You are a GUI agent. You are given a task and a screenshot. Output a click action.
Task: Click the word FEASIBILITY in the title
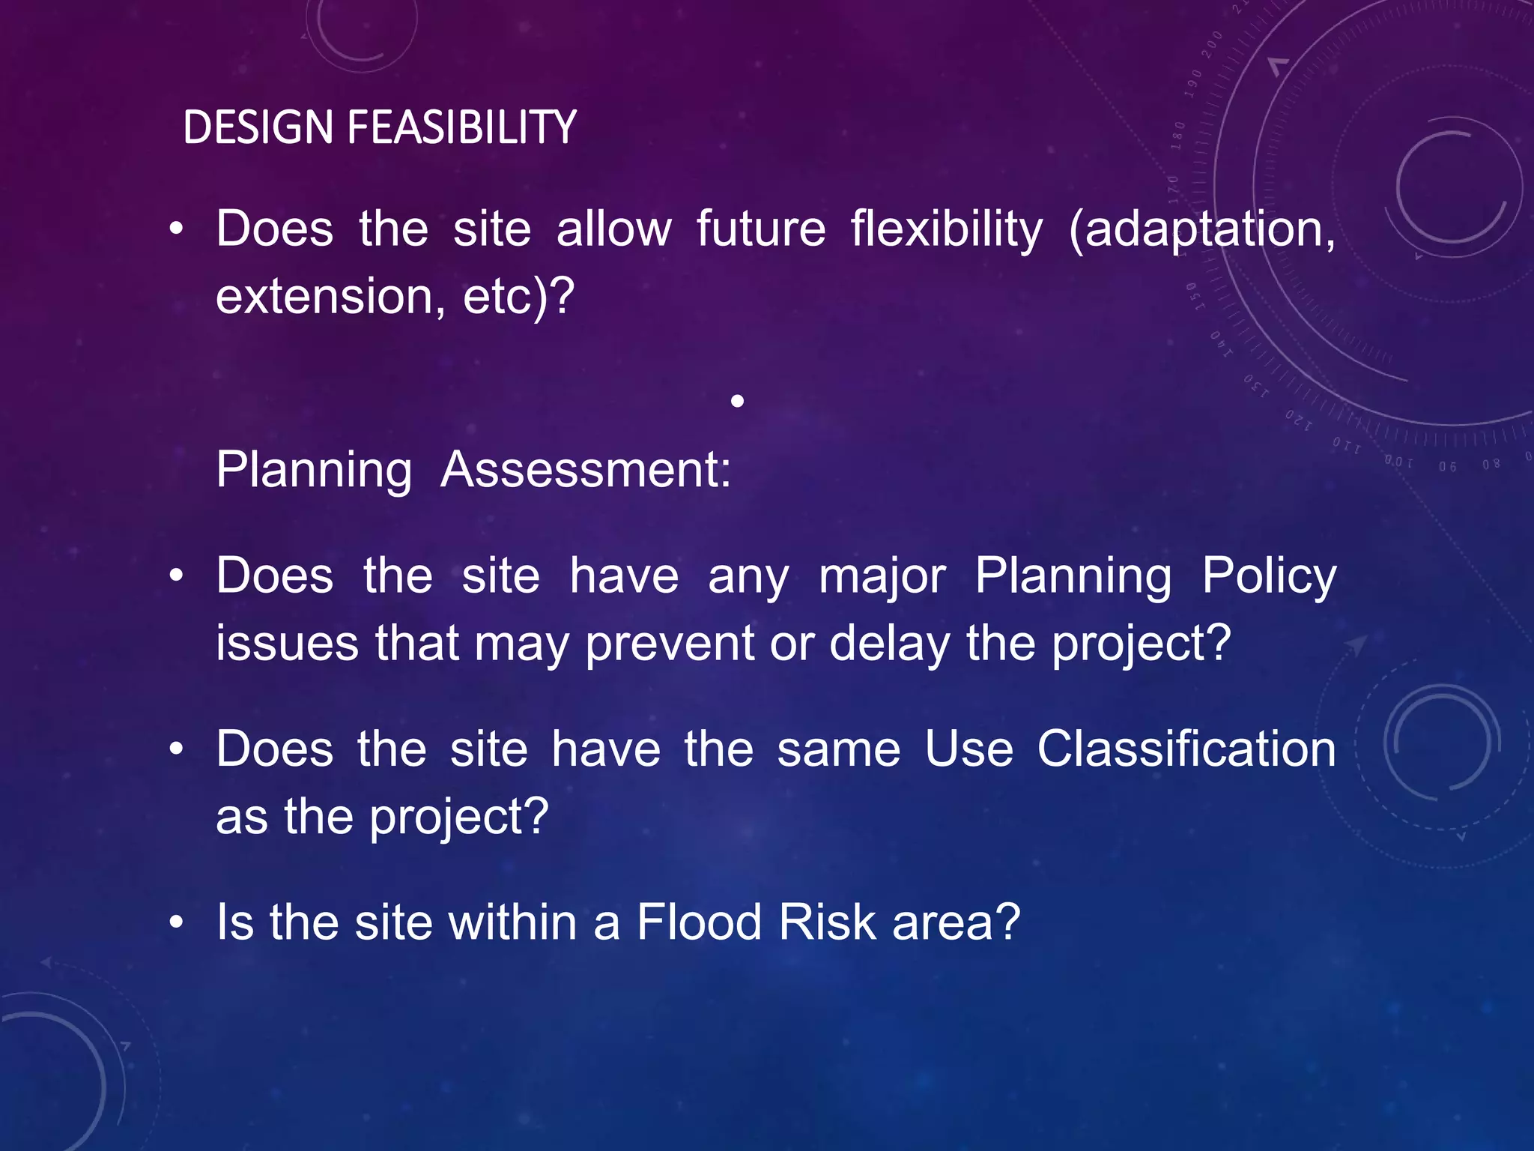point(461,127)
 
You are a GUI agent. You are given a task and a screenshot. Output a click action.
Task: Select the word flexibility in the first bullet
point(946,229)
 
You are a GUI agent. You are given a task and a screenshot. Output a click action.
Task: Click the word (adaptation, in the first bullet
point(1201,230)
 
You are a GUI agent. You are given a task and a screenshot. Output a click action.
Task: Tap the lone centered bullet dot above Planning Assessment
point(737,402)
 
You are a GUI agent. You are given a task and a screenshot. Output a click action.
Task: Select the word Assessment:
point(586,471)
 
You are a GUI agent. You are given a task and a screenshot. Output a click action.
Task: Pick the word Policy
point(1269,578)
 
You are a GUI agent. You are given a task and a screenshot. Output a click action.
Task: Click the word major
point(882,578)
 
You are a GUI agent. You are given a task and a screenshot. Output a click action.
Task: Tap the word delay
point(889,644)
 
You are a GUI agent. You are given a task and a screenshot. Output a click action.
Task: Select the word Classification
point(1186,749)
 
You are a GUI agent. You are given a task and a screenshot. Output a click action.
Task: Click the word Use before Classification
point(969,749)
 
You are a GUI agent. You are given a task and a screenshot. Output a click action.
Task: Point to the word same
point(838,750)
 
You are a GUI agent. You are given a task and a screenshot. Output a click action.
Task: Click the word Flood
point(699,922)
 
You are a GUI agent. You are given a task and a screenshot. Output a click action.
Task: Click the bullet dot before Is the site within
point(176,922)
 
